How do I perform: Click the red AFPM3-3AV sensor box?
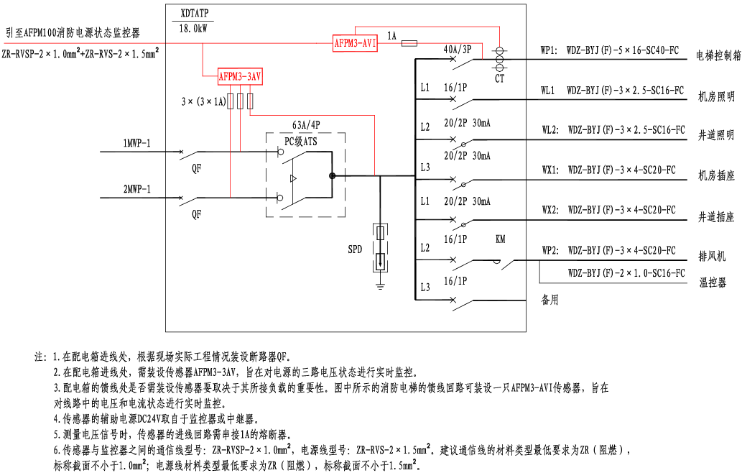coord(240,75)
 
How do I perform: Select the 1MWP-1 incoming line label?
coord(136,144)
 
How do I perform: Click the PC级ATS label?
coord(300,142)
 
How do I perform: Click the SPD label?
coord(356,249)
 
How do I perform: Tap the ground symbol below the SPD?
coord(381,285)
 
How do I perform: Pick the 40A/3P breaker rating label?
coord(458,50)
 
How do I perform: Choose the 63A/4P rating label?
coord(306,124)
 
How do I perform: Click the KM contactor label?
coord(501,239)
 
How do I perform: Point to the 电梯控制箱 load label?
coord(719,55)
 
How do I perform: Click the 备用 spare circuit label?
coord(549,300)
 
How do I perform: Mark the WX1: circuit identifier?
coord(549,170)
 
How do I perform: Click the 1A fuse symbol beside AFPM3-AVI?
coord(409,44)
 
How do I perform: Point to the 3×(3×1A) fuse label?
coord(205,101)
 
